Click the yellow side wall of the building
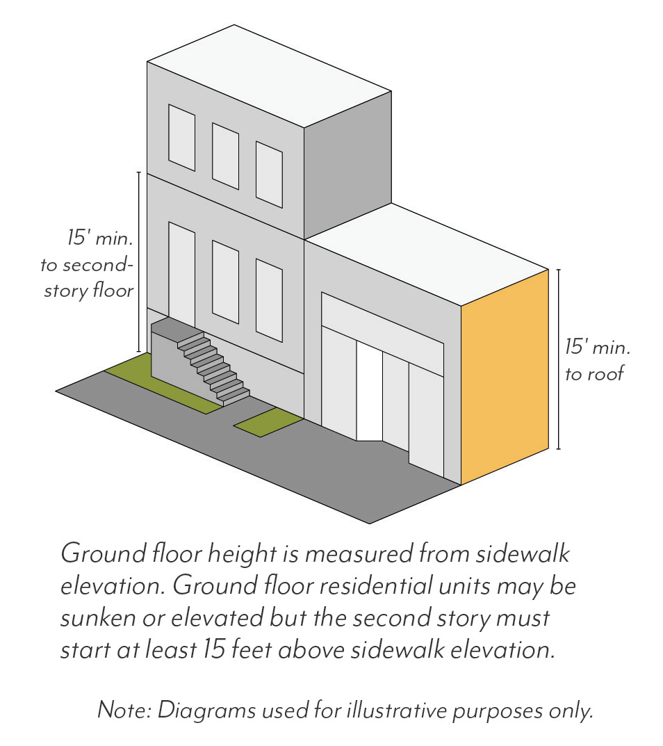(505, 375)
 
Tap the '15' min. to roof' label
(596, 359)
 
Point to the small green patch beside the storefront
(268, 422)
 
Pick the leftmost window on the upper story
(181, 137)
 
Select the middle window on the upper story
(225, 156)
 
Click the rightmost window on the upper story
(269, 174)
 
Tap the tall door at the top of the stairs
(181, 271)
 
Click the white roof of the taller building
(269, 76)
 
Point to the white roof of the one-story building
(424, 254)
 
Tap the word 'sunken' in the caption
(94, 617)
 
